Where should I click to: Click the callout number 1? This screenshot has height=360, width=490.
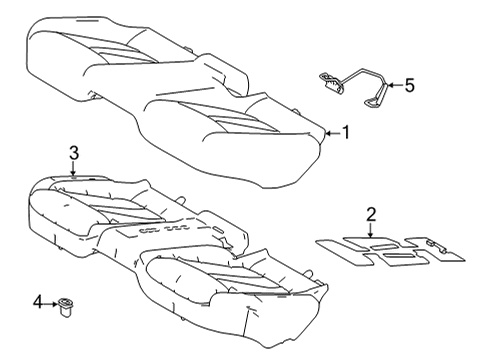tap(347, 131)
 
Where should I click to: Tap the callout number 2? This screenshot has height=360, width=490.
tap(370, 214)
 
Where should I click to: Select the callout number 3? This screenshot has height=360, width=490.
tap(73, 152)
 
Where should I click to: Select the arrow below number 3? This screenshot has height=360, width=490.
tap(73, 168)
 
